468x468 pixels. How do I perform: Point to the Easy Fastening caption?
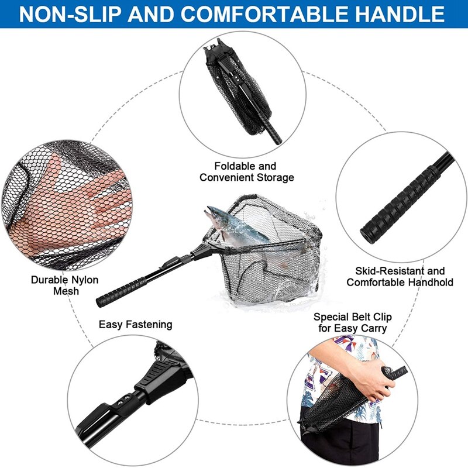135,324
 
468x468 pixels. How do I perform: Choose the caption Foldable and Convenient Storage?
246,171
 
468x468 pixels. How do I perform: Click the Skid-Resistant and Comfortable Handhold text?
400,277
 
